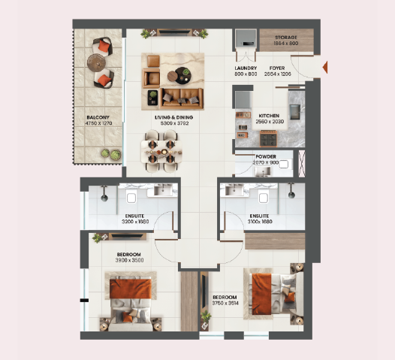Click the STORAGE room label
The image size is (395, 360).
[286, 37]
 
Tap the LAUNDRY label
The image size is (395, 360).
[246, 68]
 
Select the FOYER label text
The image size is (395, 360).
[277, 68]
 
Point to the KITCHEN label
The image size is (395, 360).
[270, 116]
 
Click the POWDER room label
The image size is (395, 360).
[265, 157]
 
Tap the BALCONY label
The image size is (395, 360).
[98, 117]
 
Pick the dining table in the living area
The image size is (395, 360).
[162, 150]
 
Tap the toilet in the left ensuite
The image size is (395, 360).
[131, 197]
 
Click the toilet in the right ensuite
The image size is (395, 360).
[264, 197]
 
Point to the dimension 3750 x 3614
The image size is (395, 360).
[226, 303]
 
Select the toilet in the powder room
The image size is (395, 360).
[283, 165]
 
